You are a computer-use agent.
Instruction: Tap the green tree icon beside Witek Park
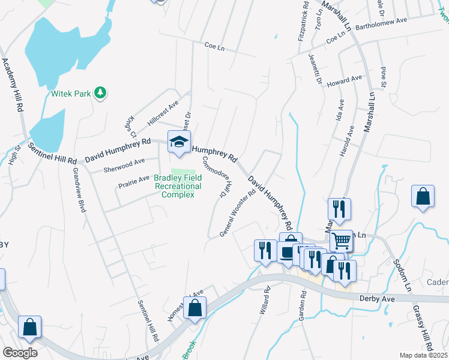[x=101, y=92]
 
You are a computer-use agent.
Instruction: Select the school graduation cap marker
[x=178, y=142]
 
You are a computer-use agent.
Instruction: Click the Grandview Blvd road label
[x=79, y=190]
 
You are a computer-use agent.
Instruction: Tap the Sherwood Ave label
[x=124, y=163]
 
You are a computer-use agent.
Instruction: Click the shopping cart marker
[x=341, y=241]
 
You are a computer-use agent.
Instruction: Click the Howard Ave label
[x=345, y=80]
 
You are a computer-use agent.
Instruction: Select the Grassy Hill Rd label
[x=423, y=326]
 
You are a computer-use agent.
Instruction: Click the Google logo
[x=20, y=352]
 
